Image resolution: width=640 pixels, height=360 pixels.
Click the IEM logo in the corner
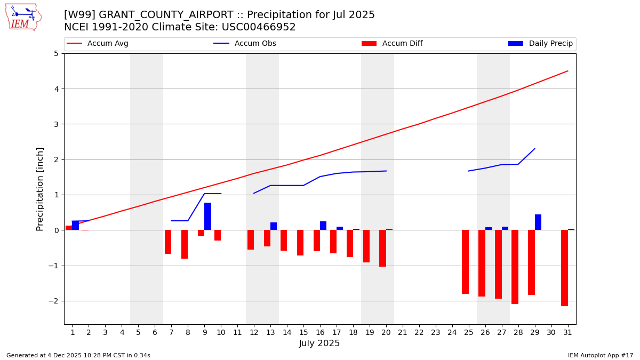(23, 17)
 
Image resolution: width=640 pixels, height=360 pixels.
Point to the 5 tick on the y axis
(56, 53)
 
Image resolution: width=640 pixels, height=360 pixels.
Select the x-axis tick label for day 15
(303, 332)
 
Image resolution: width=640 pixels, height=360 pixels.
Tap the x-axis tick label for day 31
(567, 332)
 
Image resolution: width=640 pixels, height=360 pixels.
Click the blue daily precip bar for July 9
(207, 217)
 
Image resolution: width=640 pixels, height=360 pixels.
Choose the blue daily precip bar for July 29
(538, 222)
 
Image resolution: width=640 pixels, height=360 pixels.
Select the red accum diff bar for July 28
(515, 267)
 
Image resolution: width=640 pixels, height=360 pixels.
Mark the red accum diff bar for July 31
(564, 268)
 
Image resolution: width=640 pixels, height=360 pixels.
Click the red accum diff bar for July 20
(382, 248)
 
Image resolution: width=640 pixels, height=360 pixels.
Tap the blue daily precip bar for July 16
(323, 226)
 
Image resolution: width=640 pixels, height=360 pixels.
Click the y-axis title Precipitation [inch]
(40, 189)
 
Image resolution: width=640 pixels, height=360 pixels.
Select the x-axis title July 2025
(319, 343)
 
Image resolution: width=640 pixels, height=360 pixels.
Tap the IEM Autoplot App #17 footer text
(600, 355)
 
